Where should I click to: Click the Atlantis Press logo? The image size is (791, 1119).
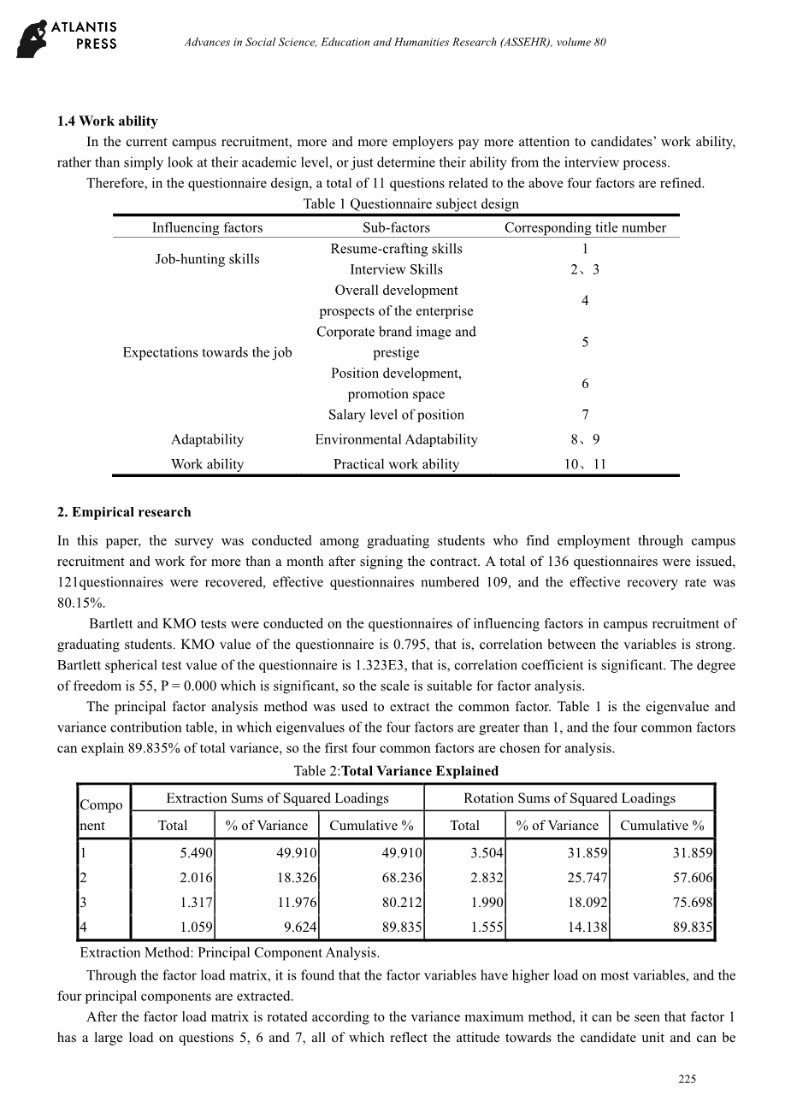pyautogui.click(x=67, y=39)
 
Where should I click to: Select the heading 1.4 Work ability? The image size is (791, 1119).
pyautogui.click(x=107, y=121)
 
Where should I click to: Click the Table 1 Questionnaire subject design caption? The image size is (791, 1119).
pyautogui.click(x=410, y=204)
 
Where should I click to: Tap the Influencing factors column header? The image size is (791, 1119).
pyautogui.click(x=207, y=227)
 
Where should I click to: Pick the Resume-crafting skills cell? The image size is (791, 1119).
pyautogui.click(x=396, y=249)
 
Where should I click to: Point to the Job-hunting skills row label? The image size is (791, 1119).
pyautogui.click(x=207, y=259)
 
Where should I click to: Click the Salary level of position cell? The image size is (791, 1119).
pyautogui.click(x=396, y=415)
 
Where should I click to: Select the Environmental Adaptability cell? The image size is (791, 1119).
pyautogui.click(x=396, y=439)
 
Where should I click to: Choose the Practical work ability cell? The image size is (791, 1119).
pyautogui.click(x=396, y=464)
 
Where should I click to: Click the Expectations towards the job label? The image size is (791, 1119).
pyautogui.click(x=207, y=352)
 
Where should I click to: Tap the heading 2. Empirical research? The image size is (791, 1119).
pyautogui.click(x=124, y=512)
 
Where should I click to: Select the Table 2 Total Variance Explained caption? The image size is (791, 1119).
pyautogui.click(x=396, y=771)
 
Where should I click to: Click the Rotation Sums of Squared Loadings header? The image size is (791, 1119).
pyautogui.click(x=569, y=798)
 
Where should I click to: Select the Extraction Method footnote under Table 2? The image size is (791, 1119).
pyautogui.click(x=229, y=952)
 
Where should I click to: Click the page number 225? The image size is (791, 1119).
pyautogui.click(x=688, y=1080)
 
